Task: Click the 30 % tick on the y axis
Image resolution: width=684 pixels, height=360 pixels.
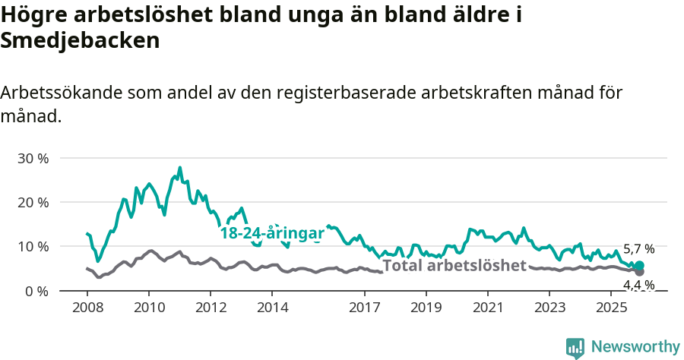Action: click(x=33, y=159)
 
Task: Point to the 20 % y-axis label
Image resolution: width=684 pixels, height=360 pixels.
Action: click(x=33, y=203)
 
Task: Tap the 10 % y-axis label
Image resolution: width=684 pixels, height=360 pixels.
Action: click(x=33, y=247)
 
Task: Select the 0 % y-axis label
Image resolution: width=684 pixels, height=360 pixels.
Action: click(x=36, y=291)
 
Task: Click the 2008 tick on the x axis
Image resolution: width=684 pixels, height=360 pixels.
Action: click(x=87, y=308)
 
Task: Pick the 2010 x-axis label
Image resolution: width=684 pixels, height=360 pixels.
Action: click(x=148, y=308)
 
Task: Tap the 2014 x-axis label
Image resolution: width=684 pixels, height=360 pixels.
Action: click(x=272, y=308)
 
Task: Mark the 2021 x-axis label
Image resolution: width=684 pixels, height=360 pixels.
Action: click(x=488, y=308)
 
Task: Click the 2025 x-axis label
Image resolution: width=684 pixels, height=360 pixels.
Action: click(x=611, y=308)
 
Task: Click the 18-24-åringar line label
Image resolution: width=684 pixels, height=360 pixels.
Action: click(x=272, y=234)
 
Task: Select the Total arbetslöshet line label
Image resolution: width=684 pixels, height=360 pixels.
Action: click(x=454, y=266)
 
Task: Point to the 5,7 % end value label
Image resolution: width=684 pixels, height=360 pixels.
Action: click(x=638, y=249)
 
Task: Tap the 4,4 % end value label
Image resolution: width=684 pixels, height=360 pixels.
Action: click(x=638, y=285)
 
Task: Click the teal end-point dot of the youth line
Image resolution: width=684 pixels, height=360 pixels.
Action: click(x=639, y=266)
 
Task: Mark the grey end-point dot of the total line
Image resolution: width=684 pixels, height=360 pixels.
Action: click(x=639, y=271)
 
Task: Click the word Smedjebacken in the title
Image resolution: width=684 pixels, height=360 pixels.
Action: click(x=80, y=41)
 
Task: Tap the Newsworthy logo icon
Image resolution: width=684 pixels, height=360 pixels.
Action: click(x=575, y=348)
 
